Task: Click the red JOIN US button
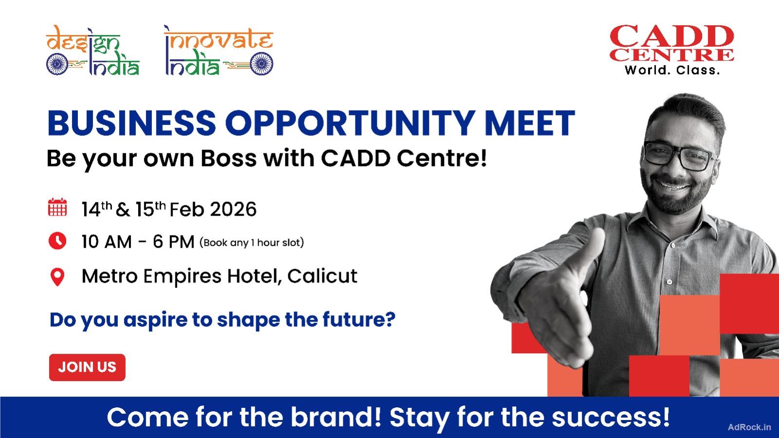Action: pos(87,367)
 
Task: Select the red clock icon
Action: pos(57,240)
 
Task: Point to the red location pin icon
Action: pos(57,277)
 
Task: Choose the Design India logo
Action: pos(93,52)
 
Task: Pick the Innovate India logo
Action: pos(219,52)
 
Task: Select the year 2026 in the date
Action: pos(233,209)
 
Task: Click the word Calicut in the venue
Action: pos(322,276)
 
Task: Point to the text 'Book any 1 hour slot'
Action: pos(251,242)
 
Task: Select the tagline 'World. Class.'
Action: pos(672,70)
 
